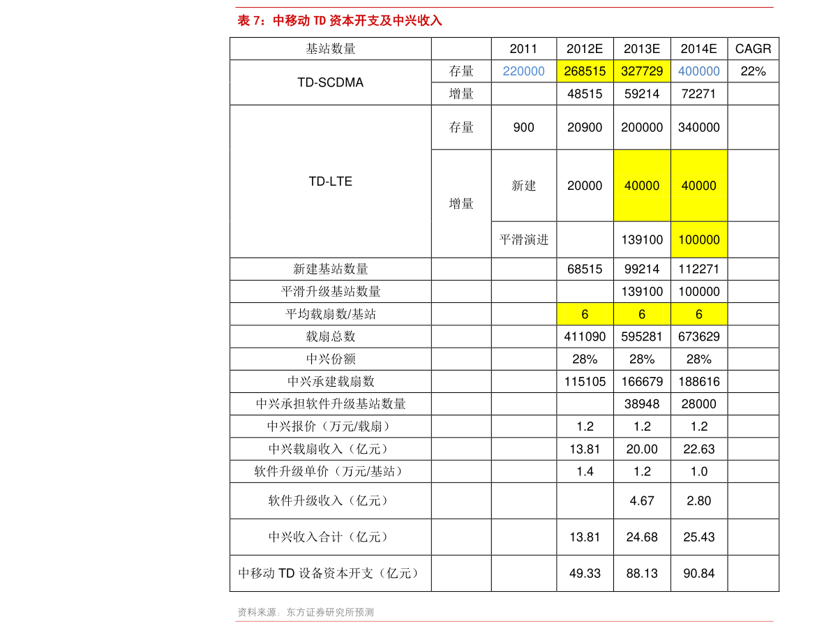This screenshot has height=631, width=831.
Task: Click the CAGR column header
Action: coord(753,49)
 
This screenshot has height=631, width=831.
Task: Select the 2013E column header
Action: coord(642,49)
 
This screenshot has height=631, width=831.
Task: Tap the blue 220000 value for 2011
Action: coord(523,71)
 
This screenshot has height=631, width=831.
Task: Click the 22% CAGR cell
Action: coord(753,71)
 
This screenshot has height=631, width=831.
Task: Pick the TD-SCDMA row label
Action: coord(330,82)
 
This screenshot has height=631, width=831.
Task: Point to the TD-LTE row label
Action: coord(330,181)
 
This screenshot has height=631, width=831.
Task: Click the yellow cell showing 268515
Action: coord(585,71)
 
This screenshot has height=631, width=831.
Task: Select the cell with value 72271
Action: coord(698,94)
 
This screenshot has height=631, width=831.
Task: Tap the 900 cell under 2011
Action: coord(523,127)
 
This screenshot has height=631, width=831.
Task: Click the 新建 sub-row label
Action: coord(523,186)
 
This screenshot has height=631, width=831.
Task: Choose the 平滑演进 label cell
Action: coord(523,239)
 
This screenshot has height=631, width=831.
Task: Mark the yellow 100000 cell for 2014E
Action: coord(699,239)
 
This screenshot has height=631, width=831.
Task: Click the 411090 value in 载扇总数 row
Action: coord(585,336)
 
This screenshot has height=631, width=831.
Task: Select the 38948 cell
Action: coord(642,404)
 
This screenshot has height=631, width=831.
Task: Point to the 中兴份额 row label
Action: coord(330,359)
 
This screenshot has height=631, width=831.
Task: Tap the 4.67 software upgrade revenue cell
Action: coord(642,500)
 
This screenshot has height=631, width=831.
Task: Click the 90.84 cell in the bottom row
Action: coord(698,573)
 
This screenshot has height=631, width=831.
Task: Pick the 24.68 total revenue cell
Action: coord(642,537)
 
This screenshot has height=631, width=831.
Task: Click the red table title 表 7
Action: coord(339,21)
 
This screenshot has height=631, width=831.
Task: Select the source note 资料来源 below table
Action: coord(306,612)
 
